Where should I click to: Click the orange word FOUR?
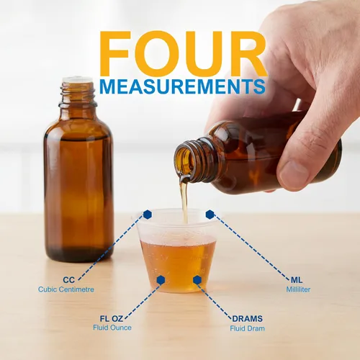(183, 53)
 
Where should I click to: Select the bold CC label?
(69, 280)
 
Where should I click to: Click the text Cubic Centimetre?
(66, 289)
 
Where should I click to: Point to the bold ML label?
(297, 280)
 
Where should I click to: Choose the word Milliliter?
(298, 289)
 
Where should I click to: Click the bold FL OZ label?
(112, 319)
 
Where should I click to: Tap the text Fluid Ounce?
(112, 328)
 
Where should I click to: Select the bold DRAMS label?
(248, 319)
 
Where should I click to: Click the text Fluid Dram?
(248, 328)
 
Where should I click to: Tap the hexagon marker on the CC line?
(148, 215)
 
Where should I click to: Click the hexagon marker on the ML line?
(210, 215)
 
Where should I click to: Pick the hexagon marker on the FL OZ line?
(161, 280)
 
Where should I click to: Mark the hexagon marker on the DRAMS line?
(197, 280)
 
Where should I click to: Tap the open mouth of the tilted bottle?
(184, 159)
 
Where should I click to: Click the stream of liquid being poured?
(184, 199)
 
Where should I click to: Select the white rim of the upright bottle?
(77, 80)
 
